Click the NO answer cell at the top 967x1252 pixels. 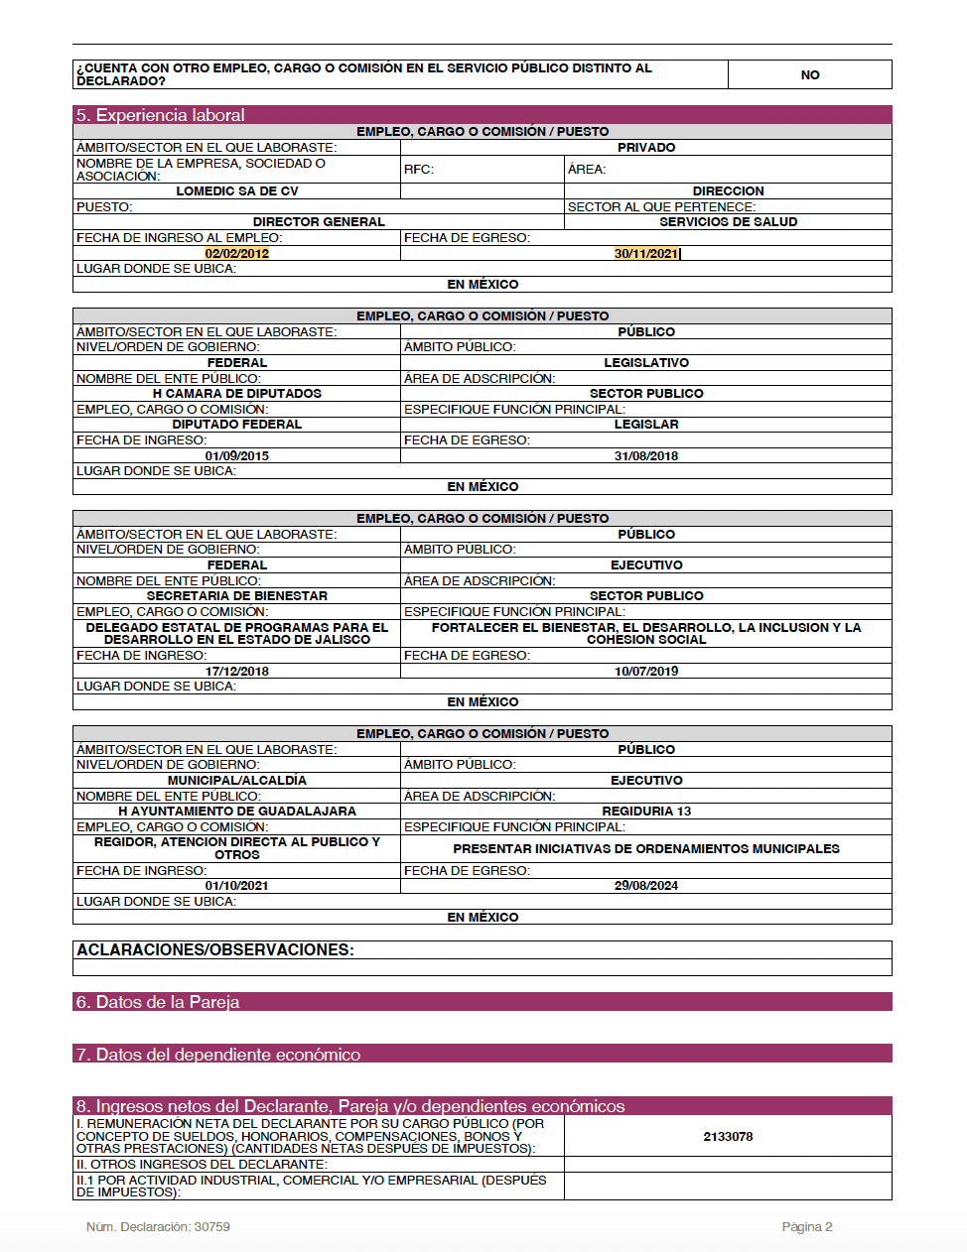pos(810,75)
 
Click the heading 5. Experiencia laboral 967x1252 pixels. pos(161,115)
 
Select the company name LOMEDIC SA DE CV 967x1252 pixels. pos(237,191)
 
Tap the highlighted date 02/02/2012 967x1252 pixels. pos(237,254)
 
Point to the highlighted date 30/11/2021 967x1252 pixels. pos(646,254)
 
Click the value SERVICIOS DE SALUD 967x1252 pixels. pos(728,222)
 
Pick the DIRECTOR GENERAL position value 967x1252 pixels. pos(319,222)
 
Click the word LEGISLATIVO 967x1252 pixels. pos(646,363)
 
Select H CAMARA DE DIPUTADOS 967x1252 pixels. pos(237,394)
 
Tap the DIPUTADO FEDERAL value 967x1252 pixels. pos(237,425)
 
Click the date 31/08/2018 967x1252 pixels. pos(646,456)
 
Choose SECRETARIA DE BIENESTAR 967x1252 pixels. pos(237,596)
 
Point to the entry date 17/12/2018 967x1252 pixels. pos(237,672)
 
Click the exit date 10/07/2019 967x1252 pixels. pos(646,672)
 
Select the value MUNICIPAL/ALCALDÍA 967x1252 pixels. pos(237,781)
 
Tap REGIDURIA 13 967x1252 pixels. pos(646,812)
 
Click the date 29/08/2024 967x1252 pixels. pos(646,886)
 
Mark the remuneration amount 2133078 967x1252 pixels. pos(728,1137)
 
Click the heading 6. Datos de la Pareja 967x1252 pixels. pos(158,1002)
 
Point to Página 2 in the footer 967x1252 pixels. pos(807,1227)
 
